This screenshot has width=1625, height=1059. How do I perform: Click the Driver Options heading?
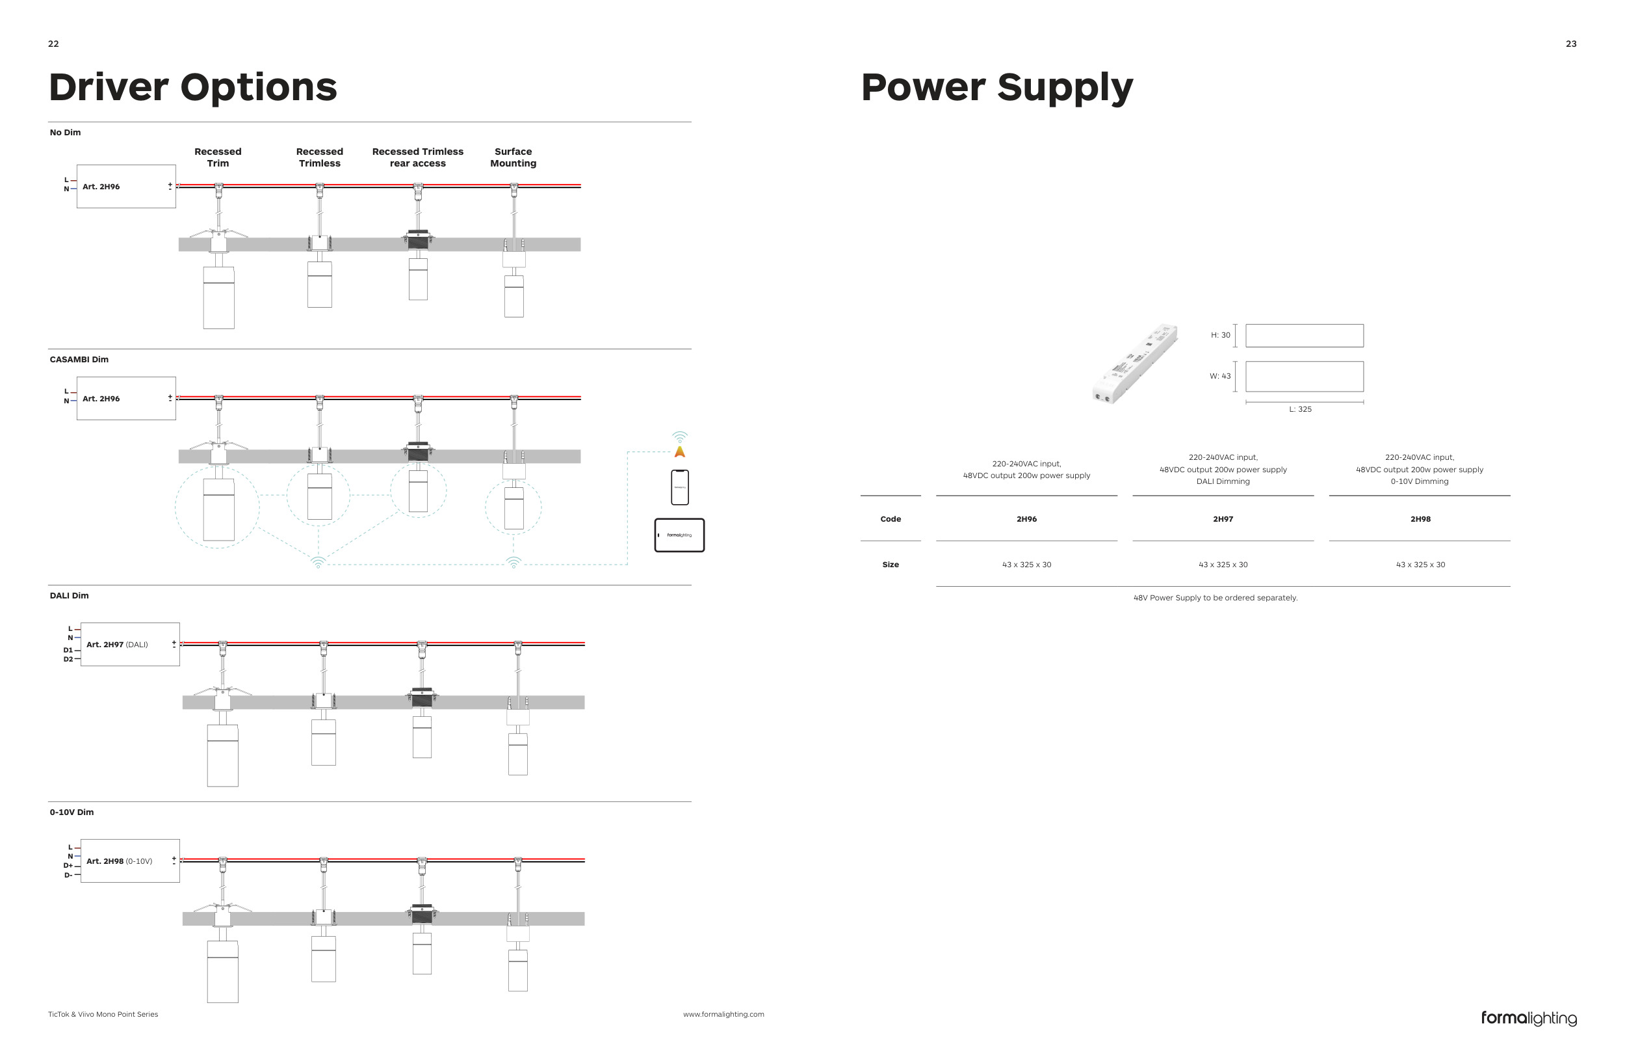click(x=192, y=87)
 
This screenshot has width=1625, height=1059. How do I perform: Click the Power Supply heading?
click(x=996, y=87)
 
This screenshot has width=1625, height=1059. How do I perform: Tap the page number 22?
click(x=53, y=44)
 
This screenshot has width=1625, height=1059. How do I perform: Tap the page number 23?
click(x=1571, y=44)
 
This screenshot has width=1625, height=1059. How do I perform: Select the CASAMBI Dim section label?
click(x=79, y=359)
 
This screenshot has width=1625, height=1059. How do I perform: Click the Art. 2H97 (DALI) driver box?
click(x=130, y=644)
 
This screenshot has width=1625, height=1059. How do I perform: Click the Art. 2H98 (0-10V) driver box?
click(x=130, y=861)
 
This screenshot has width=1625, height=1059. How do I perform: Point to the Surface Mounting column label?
click(x=513, y=157)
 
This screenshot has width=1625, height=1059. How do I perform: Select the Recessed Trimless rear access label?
click(x=417, y=157)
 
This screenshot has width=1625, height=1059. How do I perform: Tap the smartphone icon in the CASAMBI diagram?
click(x=679, y=487)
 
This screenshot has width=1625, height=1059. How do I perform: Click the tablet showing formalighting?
click(x=679, y=535)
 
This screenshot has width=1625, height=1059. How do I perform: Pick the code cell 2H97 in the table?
click(x=1222, y=519)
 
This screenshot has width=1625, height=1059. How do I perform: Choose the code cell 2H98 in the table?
click(x=1420, y=519)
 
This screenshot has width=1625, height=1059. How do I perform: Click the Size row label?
click(x=890, y=565)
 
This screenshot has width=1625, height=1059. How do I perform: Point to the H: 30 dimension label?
click(x=1220, y=335)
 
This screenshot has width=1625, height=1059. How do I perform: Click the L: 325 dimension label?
click(x=1300, y=409)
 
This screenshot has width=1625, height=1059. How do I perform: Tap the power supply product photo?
click(x=1134, y=364)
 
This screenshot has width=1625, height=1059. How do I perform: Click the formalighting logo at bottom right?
click(x=1528, y=1018)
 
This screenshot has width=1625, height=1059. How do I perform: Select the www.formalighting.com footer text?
click(x=723, y=1014)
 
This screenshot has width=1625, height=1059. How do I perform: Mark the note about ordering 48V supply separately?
click(x=1215, y=598)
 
